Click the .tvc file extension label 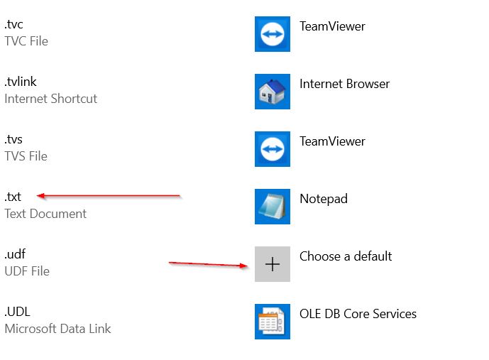click(13, 24)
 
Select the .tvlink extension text click(21, 82)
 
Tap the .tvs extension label click(13, 139)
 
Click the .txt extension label click(13, 197)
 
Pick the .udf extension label click(15, 254)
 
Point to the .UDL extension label click(18, 312)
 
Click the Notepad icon click(273, 207)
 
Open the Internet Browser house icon click(273, 92)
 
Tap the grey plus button click(273, 264)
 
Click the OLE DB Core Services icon click(273, 322)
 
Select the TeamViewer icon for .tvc click(273, 34)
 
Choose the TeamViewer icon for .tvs click(273, 149)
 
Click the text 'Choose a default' click(346, 256)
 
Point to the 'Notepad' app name click(324, 199)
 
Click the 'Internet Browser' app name click(345, 84)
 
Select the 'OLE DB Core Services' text click(358, 314)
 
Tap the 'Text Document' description click(45, 214)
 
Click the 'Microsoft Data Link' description click(57, 329)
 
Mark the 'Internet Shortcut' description click(51, 99)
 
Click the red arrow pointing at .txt click(109, 196)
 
